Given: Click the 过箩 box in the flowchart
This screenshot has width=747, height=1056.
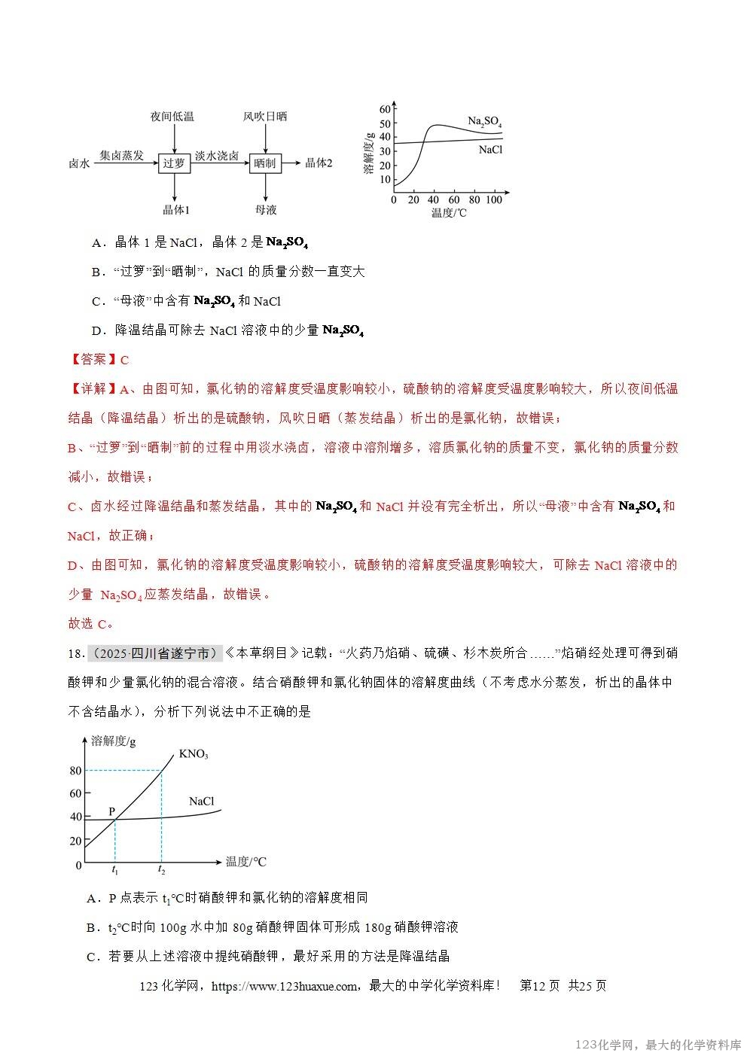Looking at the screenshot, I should [174, 163].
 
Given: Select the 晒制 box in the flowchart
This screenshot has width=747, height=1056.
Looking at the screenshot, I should [265, 163].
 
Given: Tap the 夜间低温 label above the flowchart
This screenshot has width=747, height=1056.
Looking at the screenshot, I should [172, 116].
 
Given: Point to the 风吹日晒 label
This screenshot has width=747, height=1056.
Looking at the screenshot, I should [264, 116].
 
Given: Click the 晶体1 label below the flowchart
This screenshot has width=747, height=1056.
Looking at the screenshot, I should [177, 210].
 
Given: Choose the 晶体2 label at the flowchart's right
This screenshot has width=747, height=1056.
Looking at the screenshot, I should [319, 163].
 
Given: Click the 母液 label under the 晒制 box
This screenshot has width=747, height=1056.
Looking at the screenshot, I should [266, 210].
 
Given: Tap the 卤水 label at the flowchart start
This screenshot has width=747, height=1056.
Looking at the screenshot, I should [79, 163].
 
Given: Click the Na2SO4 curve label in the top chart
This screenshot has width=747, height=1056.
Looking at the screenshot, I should [484, 121].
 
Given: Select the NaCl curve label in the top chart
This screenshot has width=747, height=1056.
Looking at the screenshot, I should [490, 150].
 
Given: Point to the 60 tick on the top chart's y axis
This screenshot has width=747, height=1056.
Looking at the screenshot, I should [386, 109].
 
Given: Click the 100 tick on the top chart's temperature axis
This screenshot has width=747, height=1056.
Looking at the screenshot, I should [494, 200].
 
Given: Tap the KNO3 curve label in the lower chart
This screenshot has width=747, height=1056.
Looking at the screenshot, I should [194, 754].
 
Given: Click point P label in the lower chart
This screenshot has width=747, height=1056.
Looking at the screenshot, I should [111, 811].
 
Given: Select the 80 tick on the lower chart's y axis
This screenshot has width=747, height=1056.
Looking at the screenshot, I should [75, 771].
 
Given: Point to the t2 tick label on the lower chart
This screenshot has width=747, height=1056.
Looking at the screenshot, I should [161, 870].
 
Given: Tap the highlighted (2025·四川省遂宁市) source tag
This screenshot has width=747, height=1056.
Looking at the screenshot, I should [154, 653].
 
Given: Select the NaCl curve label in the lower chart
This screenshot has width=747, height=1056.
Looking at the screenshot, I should [202, 801].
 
